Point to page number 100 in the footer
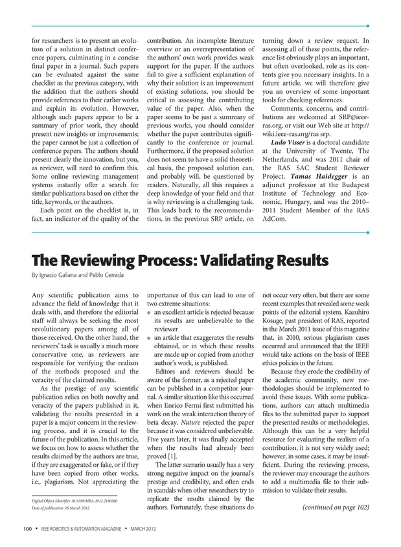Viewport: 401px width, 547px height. (x=28, y=531)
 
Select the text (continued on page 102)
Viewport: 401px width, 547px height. (x=336, y=507)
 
